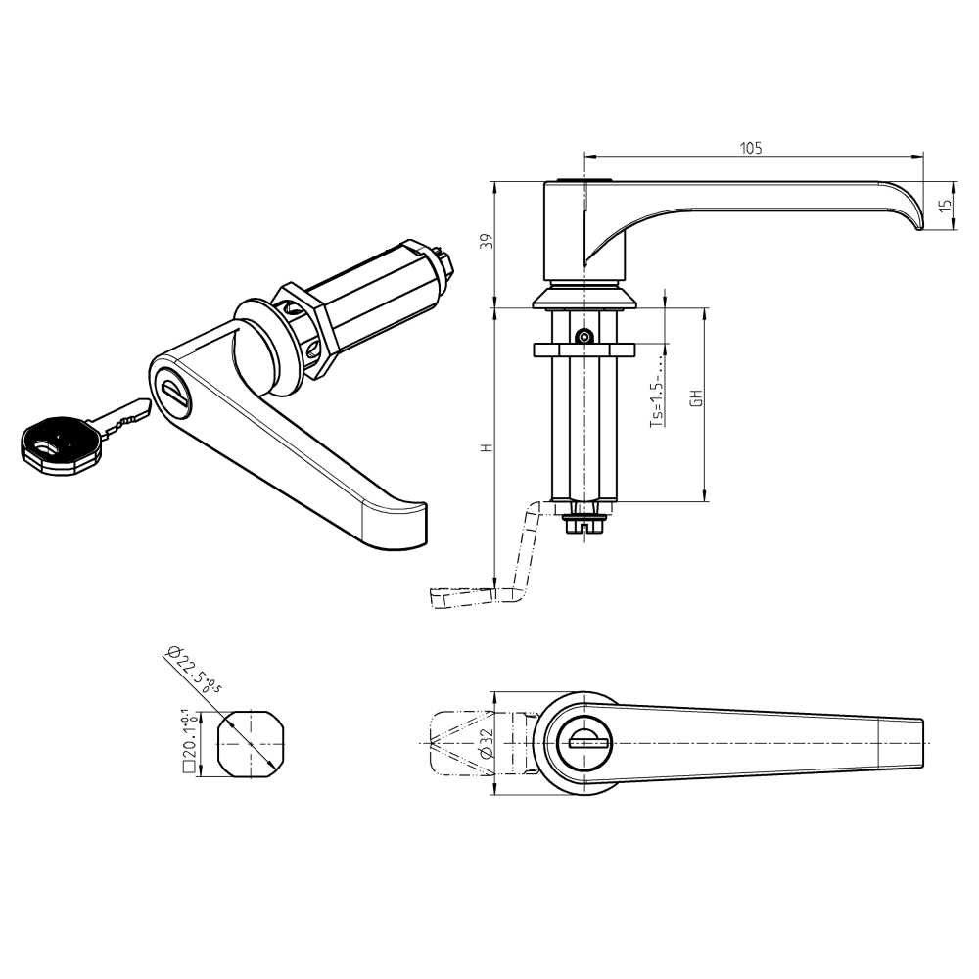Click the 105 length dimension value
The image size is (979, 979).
(x=751, y=148)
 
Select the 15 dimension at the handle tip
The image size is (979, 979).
(x=944, y=207)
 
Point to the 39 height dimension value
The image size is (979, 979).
(x=487, y=244)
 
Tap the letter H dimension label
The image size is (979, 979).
(x=486, y=447)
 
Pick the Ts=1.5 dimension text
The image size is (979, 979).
(x=657, y=401)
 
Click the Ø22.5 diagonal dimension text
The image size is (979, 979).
(x=192, y=672)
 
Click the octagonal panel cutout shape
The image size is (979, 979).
(x=252, y=744)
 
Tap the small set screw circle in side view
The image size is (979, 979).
(x=583, y=337)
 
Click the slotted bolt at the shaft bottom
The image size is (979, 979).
(x=584, y=525)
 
